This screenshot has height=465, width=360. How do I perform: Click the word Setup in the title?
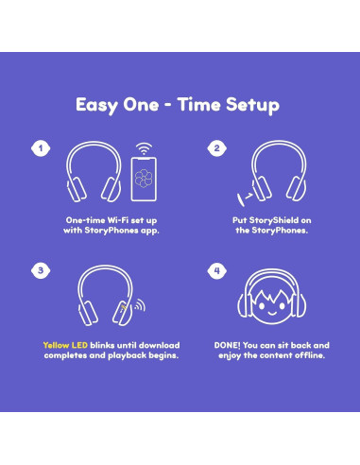tap(249, 104)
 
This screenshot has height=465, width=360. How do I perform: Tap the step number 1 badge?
tap(40, 148)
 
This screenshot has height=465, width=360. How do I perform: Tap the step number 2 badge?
tap(215, 148)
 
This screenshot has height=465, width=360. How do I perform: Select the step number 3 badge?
tap(40, 269)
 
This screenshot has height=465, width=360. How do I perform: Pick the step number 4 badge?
tap(215, 269)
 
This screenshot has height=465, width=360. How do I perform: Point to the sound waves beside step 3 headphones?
tap(138, 306)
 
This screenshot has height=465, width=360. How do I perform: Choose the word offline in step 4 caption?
tap(312, 356)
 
